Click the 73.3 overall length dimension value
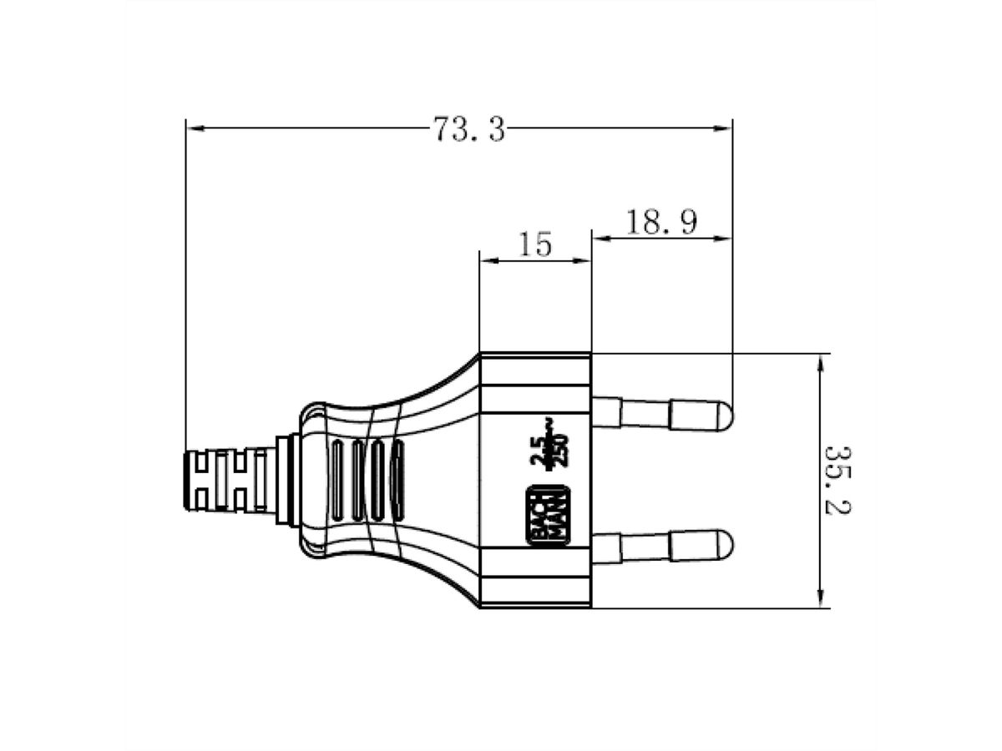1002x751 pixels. click(469, 129)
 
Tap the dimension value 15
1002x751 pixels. click(535, 245)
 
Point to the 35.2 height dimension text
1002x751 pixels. click(838, 479)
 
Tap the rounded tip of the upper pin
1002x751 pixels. click(723, 414)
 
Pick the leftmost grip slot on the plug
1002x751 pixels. click(337, 481)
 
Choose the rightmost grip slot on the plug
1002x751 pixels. click(398, 481)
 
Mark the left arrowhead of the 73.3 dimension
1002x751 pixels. click(194, 129)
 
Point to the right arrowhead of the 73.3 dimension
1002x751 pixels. click(724, 129)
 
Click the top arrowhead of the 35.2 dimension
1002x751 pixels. click(822, 361)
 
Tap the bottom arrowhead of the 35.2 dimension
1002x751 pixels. click(822, 599)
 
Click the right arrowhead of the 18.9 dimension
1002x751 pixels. click(724, 239)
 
